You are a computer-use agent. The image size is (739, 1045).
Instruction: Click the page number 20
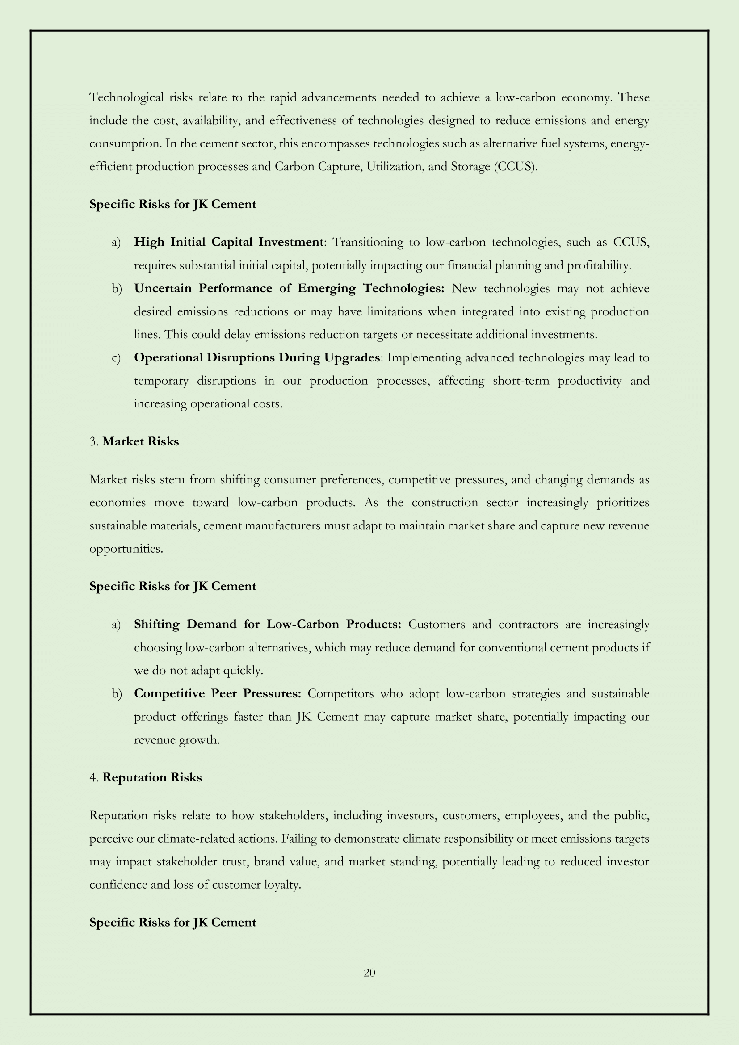(369, 973)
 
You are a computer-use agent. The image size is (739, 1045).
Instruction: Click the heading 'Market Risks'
(141, 441)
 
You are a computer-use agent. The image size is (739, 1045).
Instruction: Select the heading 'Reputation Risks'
(152, 777)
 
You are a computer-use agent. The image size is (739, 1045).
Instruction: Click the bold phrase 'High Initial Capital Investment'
(229, 242)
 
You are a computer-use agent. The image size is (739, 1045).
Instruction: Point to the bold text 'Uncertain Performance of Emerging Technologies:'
(289, 289)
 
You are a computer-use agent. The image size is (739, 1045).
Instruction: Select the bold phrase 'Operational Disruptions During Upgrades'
(256, 358)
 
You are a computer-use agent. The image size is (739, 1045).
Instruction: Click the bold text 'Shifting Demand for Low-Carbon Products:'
(268, 624)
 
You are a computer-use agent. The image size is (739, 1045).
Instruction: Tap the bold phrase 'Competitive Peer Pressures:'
(218, 694)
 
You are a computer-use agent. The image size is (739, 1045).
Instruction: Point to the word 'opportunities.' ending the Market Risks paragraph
(126, 549)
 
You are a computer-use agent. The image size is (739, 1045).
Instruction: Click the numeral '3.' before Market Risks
(94, 441)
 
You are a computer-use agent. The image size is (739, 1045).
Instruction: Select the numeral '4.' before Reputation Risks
(94, 777)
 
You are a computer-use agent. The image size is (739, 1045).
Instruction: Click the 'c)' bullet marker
(116, 358)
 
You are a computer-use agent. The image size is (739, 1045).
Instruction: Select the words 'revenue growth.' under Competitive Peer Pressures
(176, 740)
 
